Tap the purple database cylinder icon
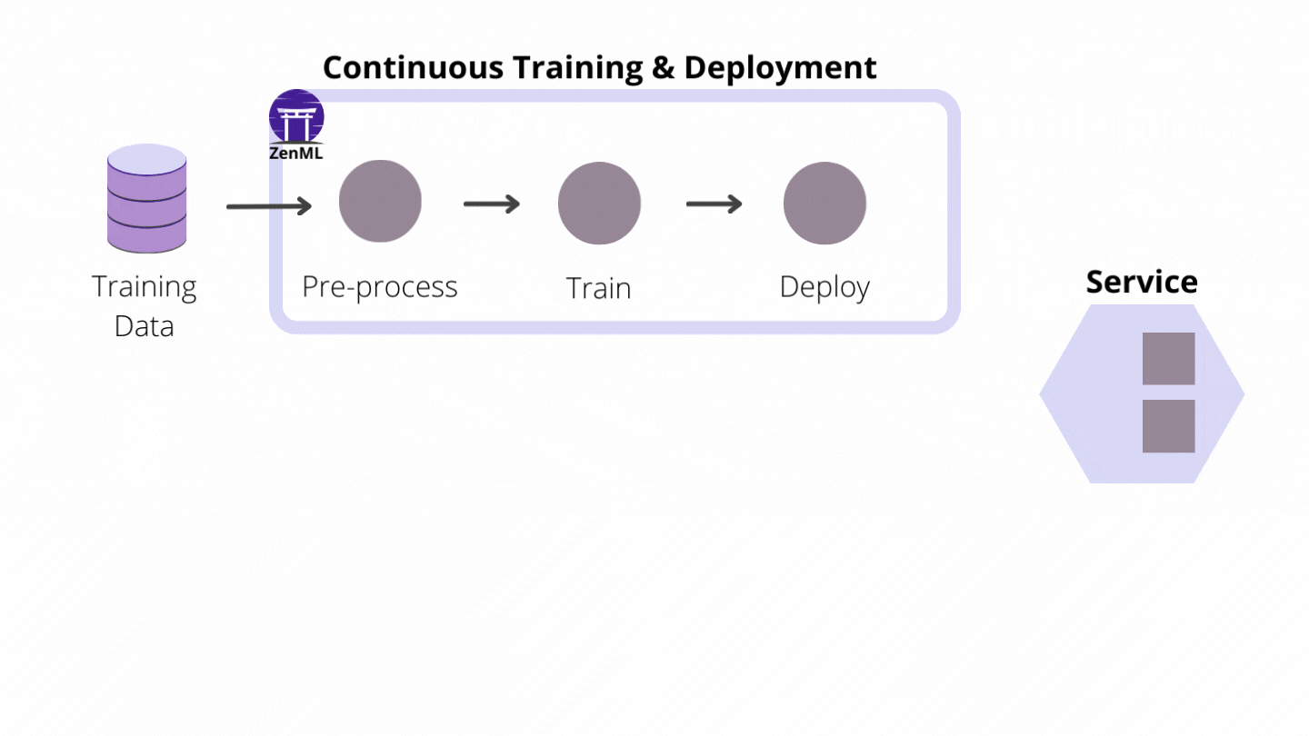point(146,198)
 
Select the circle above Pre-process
point(380,202)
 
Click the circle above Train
point(599,204)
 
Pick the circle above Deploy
point(824,204)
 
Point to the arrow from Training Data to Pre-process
point(269,207)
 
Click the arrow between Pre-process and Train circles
point(492,204)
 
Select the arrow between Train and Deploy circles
point(714,204)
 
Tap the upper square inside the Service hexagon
point(1168,358)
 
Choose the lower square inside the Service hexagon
point(1168,426)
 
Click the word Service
point(1142,282)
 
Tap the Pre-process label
point(380,287)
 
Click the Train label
point(598,289)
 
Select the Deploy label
point(824,287)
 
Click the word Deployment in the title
point(780,68)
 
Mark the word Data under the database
point(144,326)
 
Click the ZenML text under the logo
point(296,154)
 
